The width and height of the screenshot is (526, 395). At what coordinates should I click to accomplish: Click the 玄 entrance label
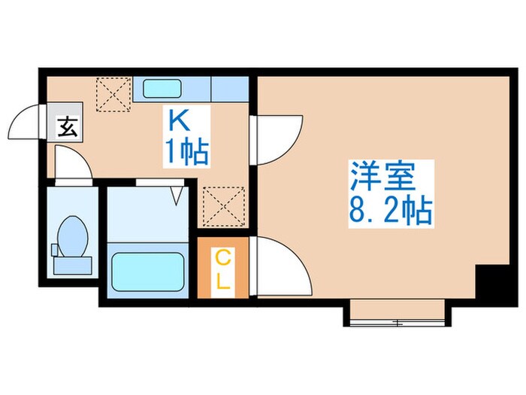[x=67, y=127]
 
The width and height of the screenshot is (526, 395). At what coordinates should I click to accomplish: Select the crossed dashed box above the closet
[x=223, y=205]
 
